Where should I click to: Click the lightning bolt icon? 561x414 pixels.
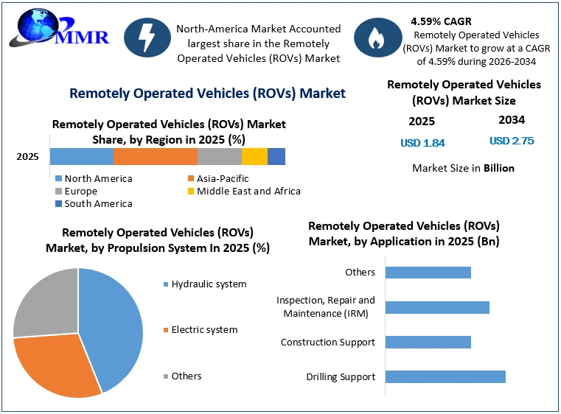tap(147, 38)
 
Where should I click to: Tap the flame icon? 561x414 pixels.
tap(378, 38)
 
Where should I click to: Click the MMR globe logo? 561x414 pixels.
tap(59, 28)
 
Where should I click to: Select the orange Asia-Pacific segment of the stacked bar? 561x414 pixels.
tap(156, 157)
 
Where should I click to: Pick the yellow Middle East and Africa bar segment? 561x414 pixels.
tap(254, 157)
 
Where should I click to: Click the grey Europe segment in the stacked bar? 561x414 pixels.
tap(220, 157)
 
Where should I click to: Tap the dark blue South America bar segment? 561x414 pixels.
tap(276, 157)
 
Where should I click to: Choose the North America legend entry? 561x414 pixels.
tap(94, 178)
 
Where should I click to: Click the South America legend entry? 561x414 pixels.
tap(94, 204)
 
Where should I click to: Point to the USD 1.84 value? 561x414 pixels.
tap(422, 143)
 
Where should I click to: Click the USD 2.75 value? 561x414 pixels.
tap(512, 141)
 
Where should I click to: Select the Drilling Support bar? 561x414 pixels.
tap(445, 377)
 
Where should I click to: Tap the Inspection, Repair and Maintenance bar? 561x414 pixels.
tap(437, 307)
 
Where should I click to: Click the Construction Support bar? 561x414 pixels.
tap(428, 342)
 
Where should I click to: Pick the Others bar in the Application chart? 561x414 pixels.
tap(428, 273)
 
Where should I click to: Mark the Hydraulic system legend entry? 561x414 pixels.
tap(205, 284)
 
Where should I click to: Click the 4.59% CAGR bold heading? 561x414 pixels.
tap(441, 21)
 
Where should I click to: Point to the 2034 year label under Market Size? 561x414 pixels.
tap(512, 120)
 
